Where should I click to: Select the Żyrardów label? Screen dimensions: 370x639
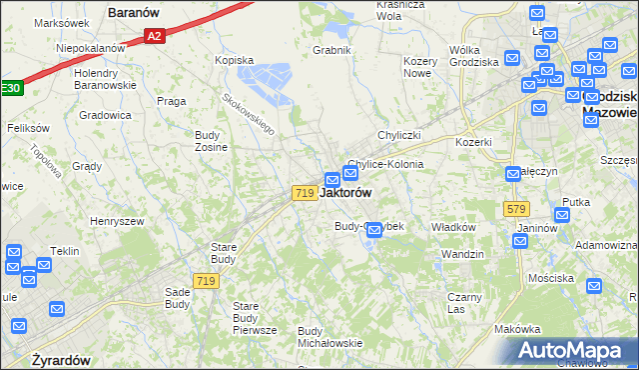tap(61, 360)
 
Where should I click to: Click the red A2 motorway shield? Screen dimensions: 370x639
tap(153, 36)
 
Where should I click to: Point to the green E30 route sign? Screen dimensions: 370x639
tap(9, 88)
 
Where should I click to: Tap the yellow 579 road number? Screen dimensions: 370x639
tap(516, 208)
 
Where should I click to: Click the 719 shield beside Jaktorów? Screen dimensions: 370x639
tap(306, 192)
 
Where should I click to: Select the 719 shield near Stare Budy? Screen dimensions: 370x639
tap(207, 282)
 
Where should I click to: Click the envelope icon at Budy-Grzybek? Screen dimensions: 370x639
tap(374, 231)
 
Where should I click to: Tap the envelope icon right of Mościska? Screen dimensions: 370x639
tap(594, 285)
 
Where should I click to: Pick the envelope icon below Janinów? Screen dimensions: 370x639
tap(520, 240)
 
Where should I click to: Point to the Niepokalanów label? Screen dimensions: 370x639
tap(91, 47)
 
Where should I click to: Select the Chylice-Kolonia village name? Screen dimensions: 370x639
tap(385, 164)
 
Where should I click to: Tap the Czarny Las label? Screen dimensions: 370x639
tap(464, 303)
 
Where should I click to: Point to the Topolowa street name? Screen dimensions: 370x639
tap(46, 157)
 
